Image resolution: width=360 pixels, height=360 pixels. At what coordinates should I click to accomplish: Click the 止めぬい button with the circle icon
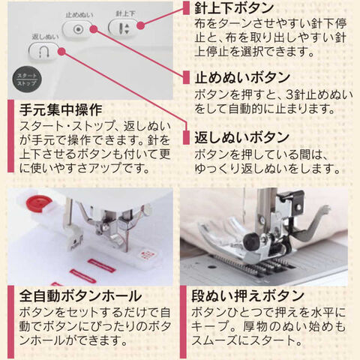click(x=78, y=29)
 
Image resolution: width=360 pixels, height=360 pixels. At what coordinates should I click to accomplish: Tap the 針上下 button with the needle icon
click(x=123, y=28)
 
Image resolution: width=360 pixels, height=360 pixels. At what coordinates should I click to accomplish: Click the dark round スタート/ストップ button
click(x=27, y=79)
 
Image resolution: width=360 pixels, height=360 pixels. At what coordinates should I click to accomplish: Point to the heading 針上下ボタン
click(x=234, y=7)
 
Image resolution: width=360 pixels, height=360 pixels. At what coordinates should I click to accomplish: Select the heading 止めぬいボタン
click(x=242, y=77)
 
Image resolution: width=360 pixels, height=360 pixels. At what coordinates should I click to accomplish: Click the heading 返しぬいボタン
click(x=241, y=138)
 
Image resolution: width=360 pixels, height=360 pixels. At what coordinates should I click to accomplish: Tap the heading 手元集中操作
click(x=61, y=109)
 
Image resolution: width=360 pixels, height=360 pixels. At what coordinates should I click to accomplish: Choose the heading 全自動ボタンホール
click(x=80, y=295)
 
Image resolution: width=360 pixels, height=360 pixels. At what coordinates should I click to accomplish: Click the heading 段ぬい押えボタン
click(x=247, y=295)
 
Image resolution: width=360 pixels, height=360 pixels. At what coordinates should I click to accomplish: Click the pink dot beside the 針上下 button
click(x=141, y=25)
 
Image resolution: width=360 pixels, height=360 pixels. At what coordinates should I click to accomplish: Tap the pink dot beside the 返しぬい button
click(x=61, y=52)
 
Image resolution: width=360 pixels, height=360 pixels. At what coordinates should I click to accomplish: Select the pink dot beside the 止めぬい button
click(x=94, y=29)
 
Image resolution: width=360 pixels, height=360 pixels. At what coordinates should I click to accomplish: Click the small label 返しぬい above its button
click(x=46, y=37)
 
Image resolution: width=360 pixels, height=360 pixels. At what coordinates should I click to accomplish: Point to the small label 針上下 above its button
click(x=125, y=13)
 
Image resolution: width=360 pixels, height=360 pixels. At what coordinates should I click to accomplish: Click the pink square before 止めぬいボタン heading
click(x=186, y=77)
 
